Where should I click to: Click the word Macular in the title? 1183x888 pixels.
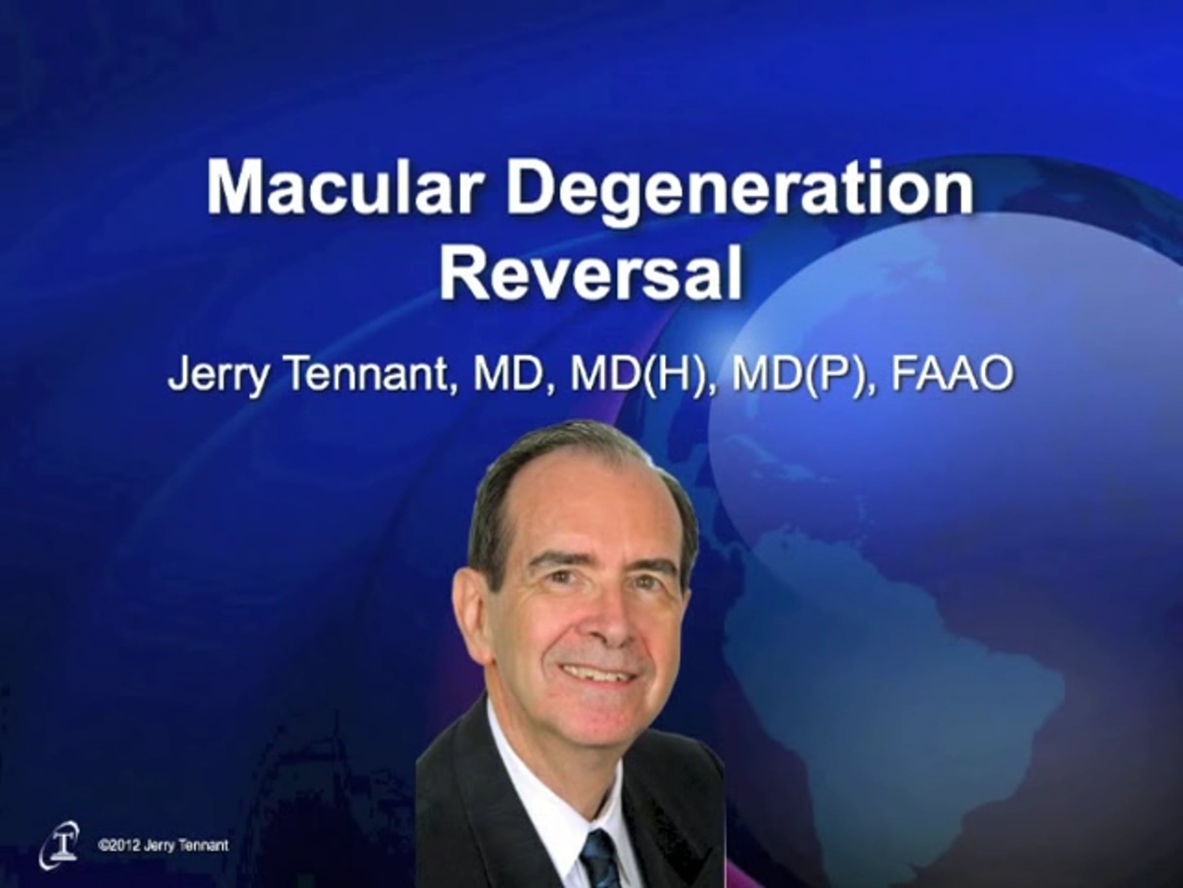click(342, 187)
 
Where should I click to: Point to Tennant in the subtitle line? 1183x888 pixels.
click(368, 374)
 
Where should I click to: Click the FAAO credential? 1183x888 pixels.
click(952, 374)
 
